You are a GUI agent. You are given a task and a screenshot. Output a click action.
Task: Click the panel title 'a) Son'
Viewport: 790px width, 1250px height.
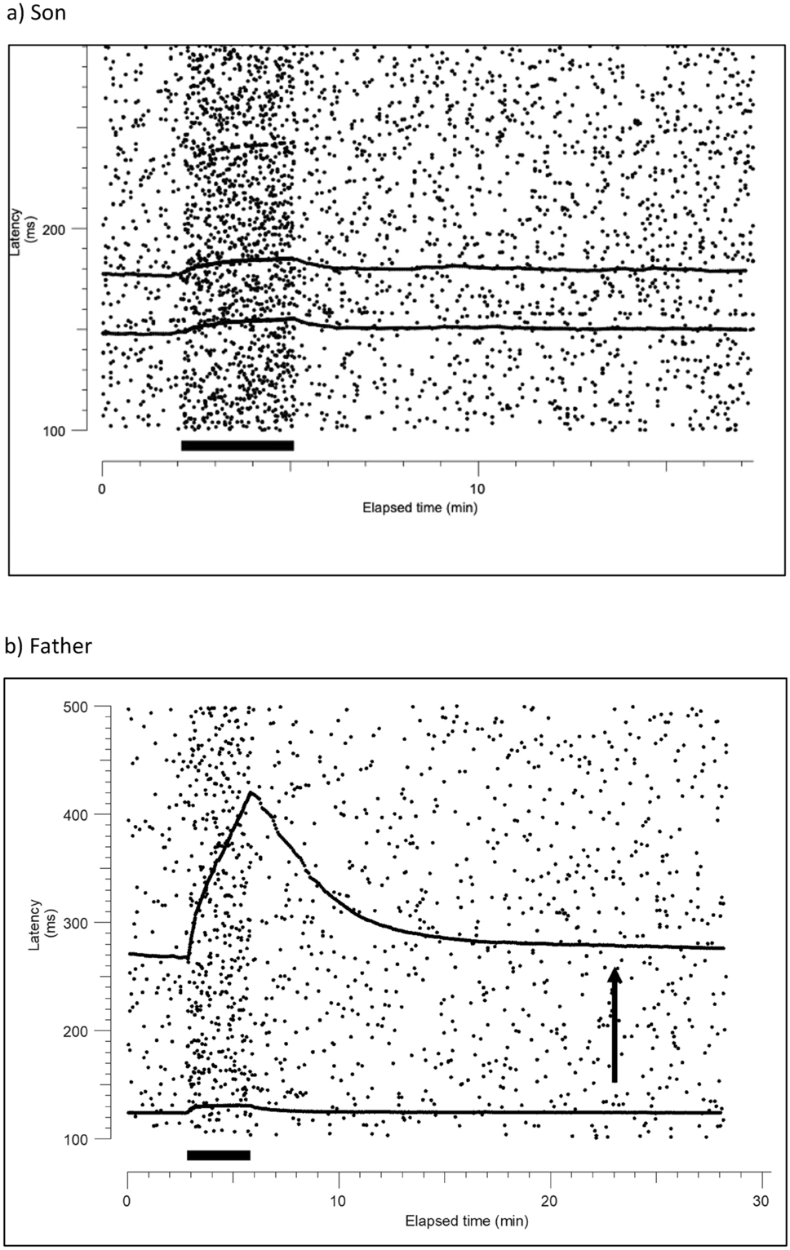36,14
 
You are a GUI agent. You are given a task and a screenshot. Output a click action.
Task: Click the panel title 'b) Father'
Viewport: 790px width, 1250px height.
48,646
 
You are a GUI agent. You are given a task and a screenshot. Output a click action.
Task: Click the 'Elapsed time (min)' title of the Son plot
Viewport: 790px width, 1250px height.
419,508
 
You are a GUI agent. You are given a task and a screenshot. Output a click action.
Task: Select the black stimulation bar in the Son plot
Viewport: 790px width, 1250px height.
237,445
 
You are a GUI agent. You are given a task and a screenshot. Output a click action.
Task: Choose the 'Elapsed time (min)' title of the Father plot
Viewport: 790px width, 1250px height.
467,1221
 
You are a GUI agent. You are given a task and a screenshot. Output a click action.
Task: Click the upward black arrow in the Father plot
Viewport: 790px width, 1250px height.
615,1024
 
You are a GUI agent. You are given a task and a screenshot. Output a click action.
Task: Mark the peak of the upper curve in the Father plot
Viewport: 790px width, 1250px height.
251,792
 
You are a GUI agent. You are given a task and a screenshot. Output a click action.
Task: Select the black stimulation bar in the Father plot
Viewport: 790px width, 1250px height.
218,1155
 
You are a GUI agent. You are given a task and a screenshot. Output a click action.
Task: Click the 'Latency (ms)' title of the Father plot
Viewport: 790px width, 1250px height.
38,923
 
